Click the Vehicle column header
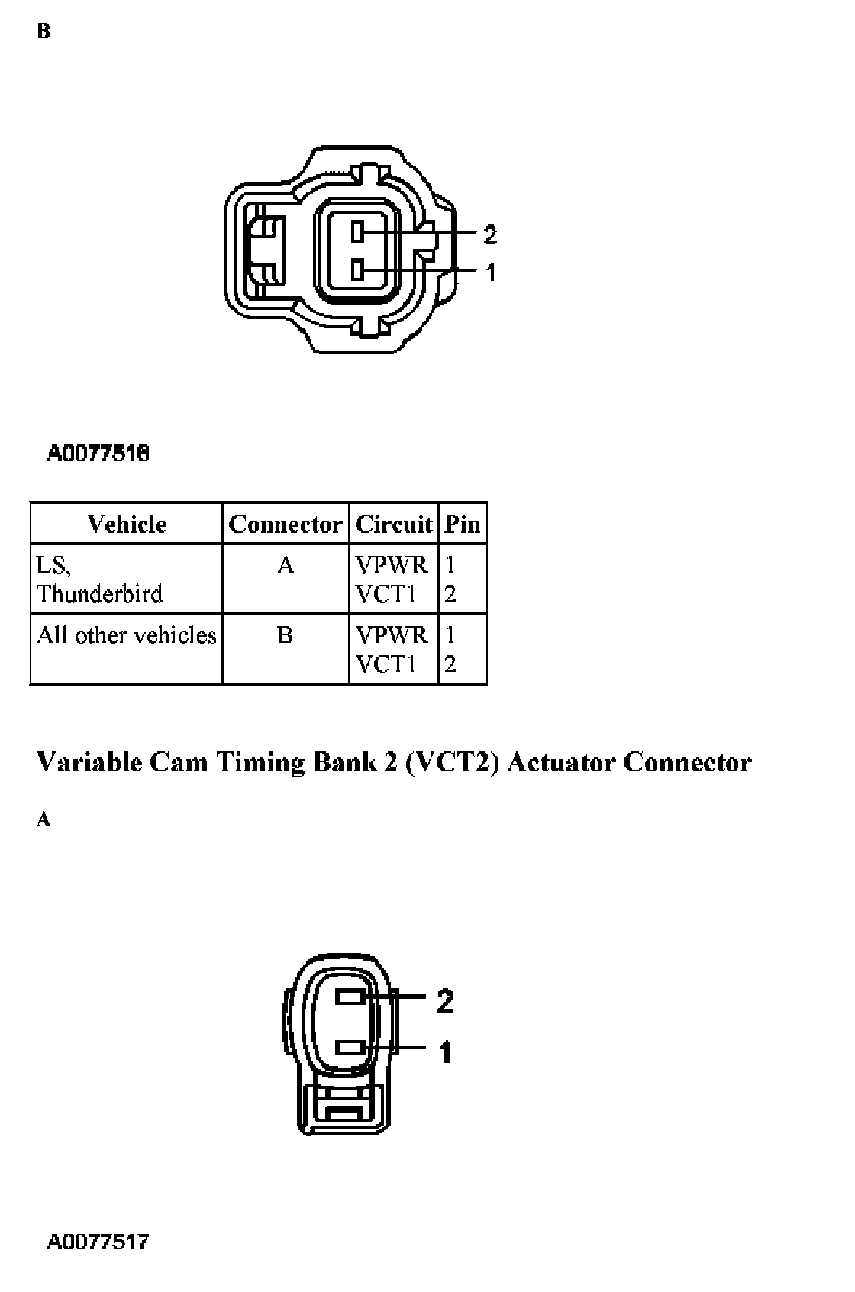pyautogui.click(x=127, y=524)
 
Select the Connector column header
pyautogui.click(x=285, y=524)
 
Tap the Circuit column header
pyautogui.click(x=393, y=524)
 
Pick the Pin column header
pyautogui.click(x=463, y=524)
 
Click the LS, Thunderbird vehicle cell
pyautogui.click(x=99, y=579)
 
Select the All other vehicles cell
pyautogui.click(x=127, y=635)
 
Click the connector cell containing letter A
pyautogui.click(x=286, y=565)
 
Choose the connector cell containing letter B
pyautogui.click(x=286, y=635)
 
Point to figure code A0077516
pyautogui.click(x=98, y=454)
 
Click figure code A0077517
pyautogui.click(x=98, y=1242)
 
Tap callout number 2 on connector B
pyautogui.click(x=490, y=234)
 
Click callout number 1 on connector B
pyautogui.click(x=490, y=272)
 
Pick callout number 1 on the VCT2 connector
pyautogui.click(x=445, y=1052)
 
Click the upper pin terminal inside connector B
pyautogui.click(x=358, y=231)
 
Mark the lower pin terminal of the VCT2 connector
pyautogui.click(x=350, y=1047)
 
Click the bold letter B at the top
pyautogui.click(x=44, y=32)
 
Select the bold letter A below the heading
pyautogui.click(x=44, y=820)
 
